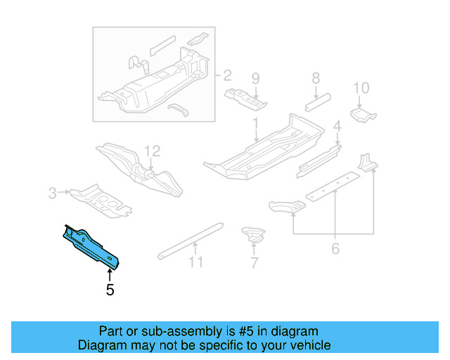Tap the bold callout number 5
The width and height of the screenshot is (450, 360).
110,289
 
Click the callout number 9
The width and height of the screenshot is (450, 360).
256,78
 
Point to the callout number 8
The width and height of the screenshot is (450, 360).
316,78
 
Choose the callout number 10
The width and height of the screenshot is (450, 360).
361,88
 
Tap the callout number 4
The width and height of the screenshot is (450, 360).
337,127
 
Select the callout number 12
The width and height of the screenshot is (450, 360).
153,150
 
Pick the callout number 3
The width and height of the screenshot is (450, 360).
52,191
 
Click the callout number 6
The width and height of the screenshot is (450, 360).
335,248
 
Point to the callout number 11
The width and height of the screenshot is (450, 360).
195,262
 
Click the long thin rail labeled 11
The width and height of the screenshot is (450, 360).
190,238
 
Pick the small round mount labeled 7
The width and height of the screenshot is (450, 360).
252,234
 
